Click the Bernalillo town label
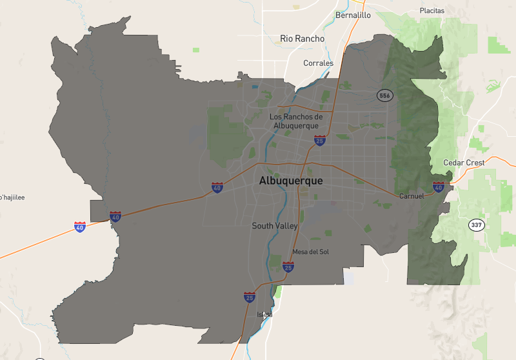[x=353, y=15]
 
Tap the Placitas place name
[x=432, y=11]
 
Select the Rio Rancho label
[x=302, y=39]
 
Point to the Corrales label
[x=318, y=63]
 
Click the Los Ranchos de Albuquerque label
[x=295, y=121]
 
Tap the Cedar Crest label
[x=464, y=163]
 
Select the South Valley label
[x=275, y=226]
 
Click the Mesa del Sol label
[x=310, y=252]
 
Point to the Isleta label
[x=265, y=315]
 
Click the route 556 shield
[x=385, y=95]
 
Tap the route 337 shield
[x=477, y=225]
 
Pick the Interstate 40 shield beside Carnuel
[x=439, y=187]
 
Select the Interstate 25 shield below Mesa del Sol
[x=288, y=266]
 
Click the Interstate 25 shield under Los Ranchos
[x=319, y=140]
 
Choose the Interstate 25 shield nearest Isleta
[x=249, y=297]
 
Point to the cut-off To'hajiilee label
[x=12, y=197]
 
